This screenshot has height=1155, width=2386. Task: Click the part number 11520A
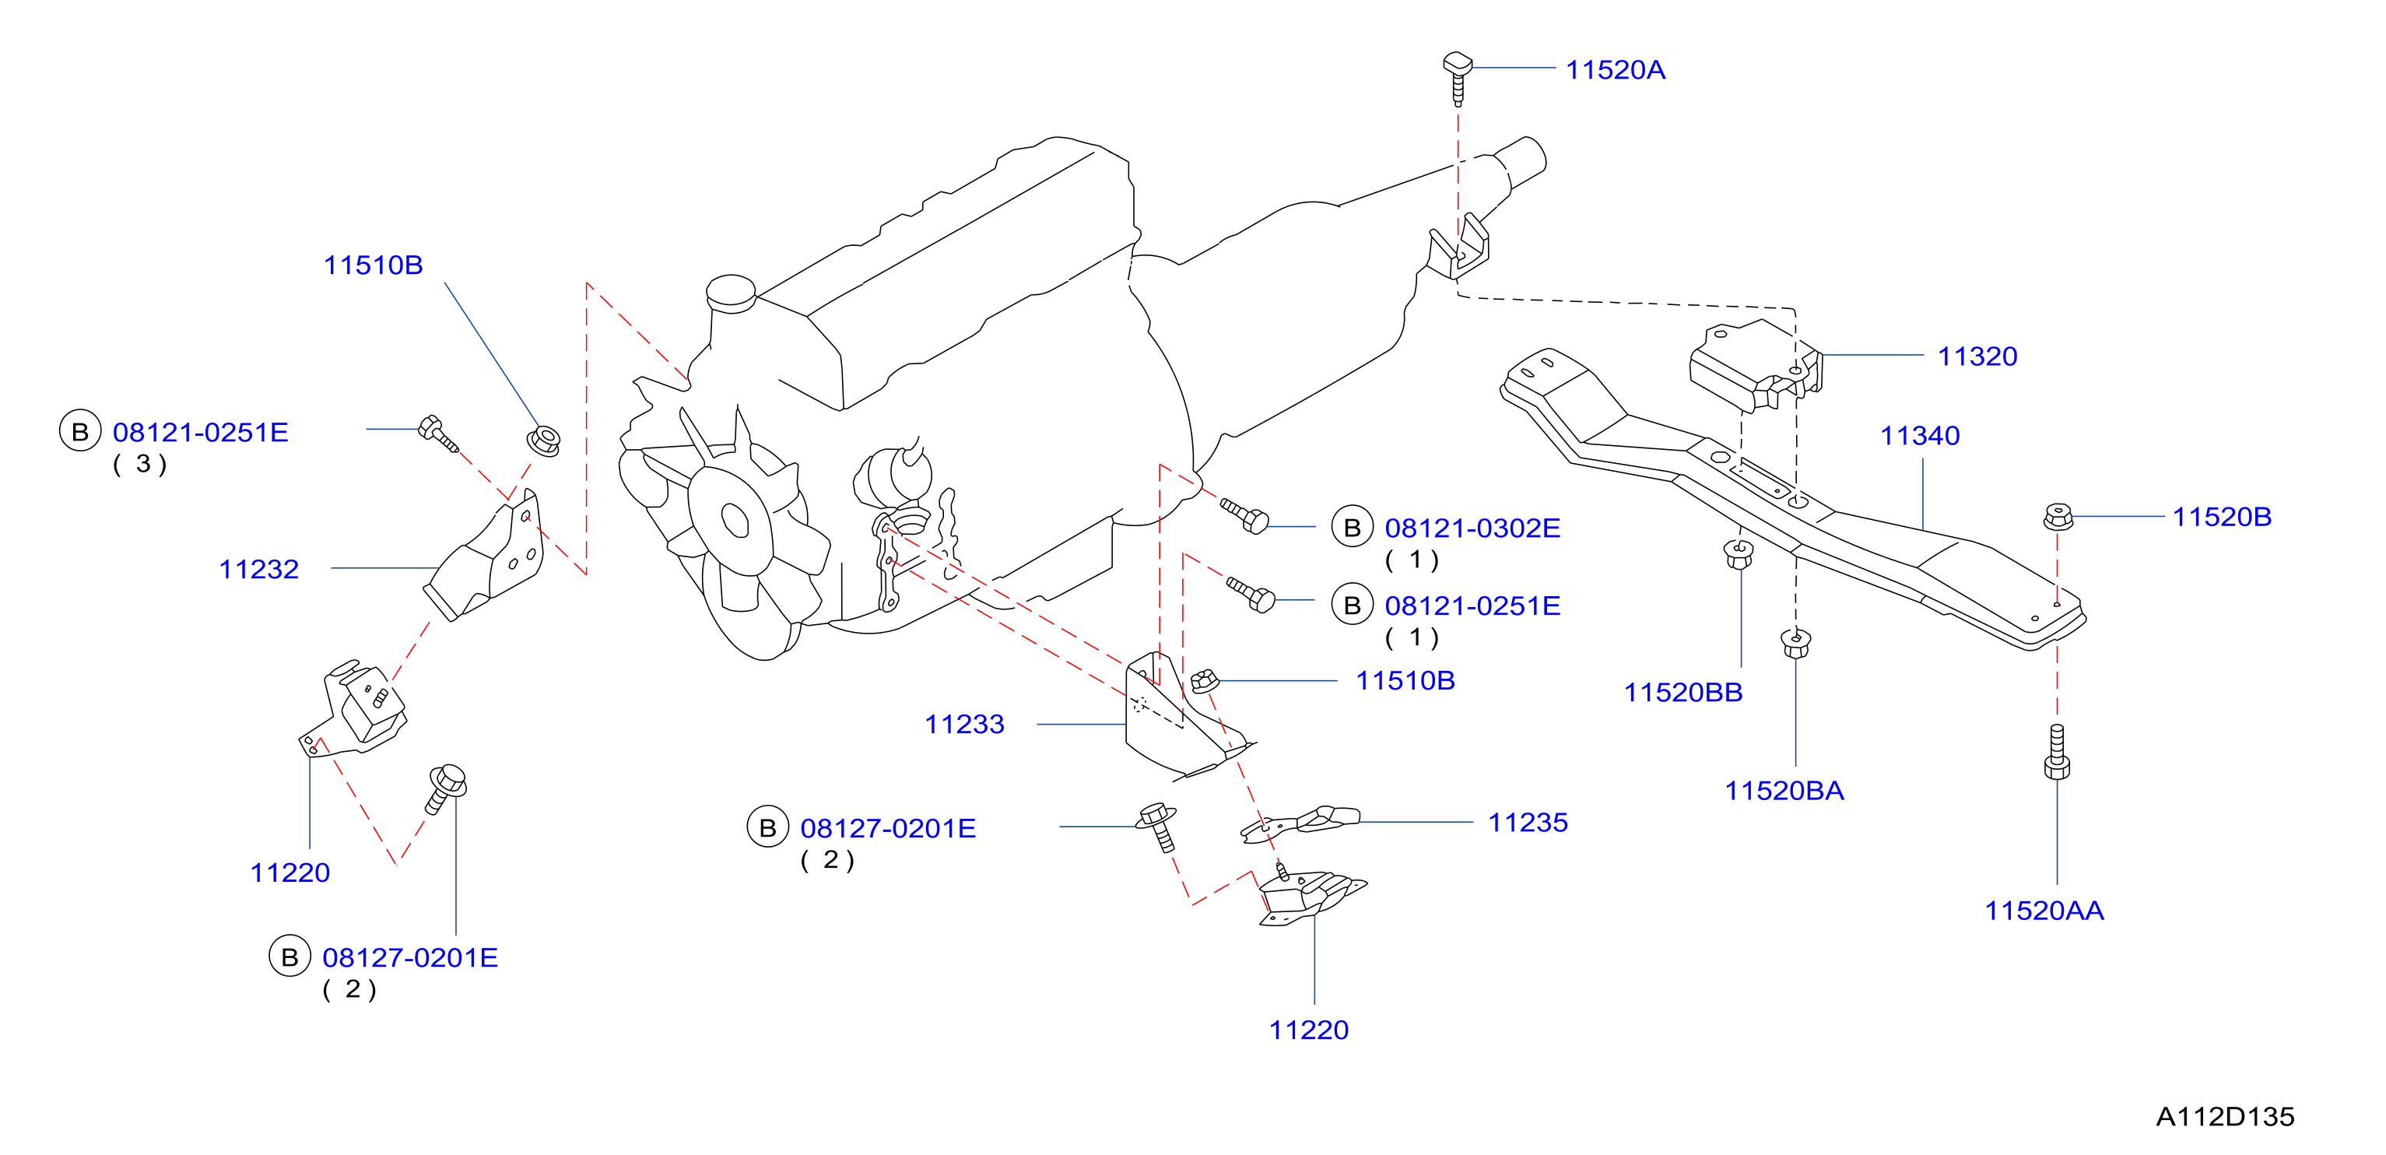1616,70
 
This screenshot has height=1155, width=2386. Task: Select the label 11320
1977,356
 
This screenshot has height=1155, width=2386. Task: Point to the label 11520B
2222,517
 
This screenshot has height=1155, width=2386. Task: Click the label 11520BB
1683,692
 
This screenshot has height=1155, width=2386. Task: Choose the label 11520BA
1784,791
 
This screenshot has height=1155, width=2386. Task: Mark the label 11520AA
2044,911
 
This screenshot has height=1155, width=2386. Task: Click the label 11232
258,569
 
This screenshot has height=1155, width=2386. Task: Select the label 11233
964,725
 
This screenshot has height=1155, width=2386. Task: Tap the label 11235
1528,823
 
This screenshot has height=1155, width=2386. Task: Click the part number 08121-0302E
1472,528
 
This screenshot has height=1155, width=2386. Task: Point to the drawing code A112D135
2225,1117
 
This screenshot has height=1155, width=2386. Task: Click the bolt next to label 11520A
1458,78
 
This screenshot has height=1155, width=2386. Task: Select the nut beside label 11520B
2058,517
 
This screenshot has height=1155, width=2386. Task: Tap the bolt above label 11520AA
2057,752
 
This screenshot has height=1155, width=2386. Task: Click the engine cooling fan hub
735,520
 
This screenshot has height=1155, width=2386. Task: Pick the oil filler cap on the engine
731,293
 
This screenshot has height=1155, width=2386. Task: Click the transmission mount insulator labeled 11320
1755,366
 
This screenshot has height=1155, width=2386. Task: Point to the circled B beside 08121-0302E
1353,527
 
